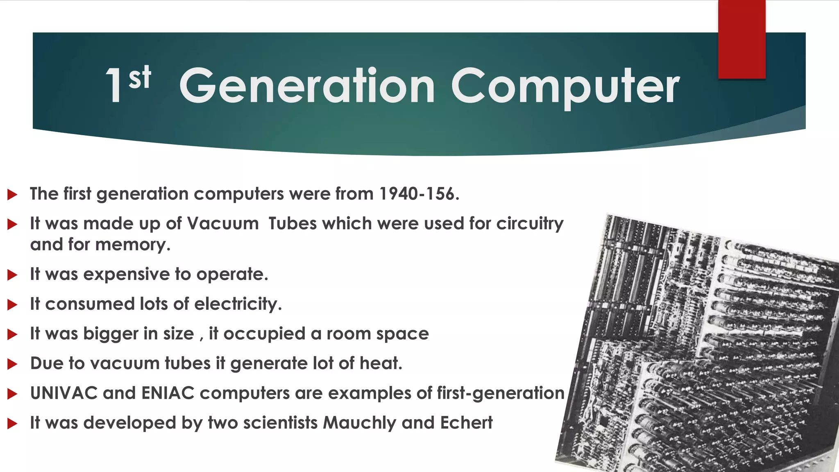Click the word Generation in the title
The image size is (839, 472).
tap(307, 86)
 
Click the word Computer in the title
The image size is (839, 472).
tap(565, 86)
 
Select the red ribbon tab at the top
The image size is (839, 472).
tap(741, 39)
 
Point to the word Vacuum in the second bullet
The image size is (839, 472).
tap(223, 224)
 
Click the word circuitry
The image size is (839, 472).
tap(530, 224)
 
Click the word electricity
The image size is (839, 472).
tap(237, 304)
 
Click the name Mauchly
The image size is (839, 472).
tap(359, 423)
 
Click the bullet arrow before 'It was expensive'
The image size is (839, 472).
tap(12, 275)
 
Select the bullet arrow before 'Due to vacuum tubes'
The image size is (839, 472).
tap(12, 364)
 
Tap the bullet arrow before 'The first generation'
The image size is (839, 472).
tap(12, 195)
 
